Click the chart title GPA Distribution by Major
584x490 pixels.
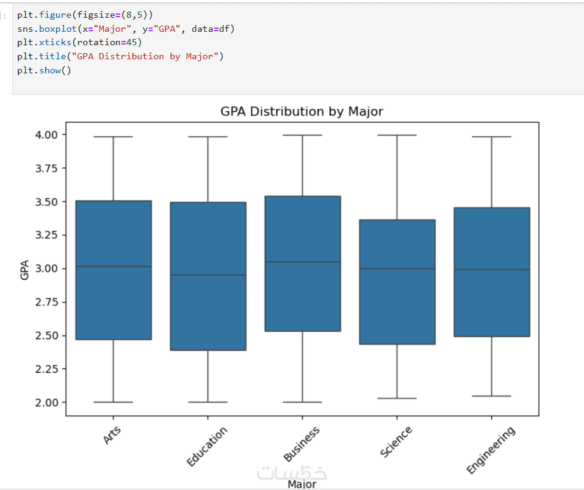coord(301,111)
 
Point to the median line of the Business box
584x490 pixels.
coord(302,261)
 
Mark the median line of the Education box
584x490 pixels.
coord(208,275)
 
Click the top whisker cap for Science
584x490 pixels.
coord(397,135)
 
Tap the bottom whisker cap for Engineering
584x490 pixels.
coord(492,396)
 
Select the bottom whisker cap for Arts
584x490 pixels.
coord(114,402)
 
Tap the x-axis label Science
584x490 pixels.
coord(396,442)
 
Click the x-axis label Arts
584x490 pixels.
coord(112,436)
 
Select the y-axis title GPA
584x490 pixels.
coord(25,269)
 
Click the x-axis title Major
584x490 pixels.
coord(301,485)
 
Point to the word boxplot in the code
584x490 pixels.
coord(56,29)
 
